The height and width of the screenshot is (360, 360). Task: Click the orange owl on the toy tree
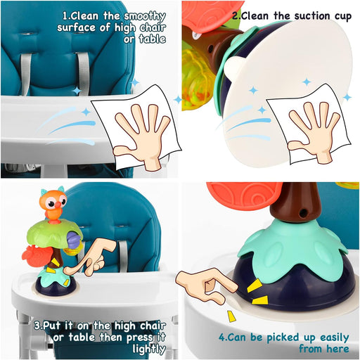[x=53, y=203]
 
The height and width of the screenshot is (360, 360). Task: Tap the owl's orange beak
[x=58, y=205]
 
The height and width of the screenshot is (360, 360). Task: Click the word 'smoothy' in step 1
[x=145, y=16]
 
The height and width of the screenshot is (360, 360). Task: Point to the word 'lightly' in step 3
[x=149, y=349]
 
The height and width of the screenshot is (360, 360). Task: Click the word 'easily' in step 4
[x=335, y=338]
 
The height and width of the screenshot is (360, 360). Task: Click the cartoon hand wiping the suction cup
[x=314, y=131]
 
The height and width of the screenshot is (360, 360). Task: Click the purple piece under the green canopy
[x=74, y=240]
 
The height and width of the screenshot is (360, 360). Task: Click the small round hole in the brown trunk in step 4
[x=304, y=213]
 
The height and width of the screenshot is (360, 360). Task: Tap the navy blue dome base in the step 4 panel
[x=297, y=288]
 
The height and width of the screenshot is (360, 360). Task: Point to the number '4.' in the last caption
[x=223, y=337]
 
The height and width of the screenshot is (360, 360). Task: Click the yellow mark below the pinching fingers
[x=231, y=316]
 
